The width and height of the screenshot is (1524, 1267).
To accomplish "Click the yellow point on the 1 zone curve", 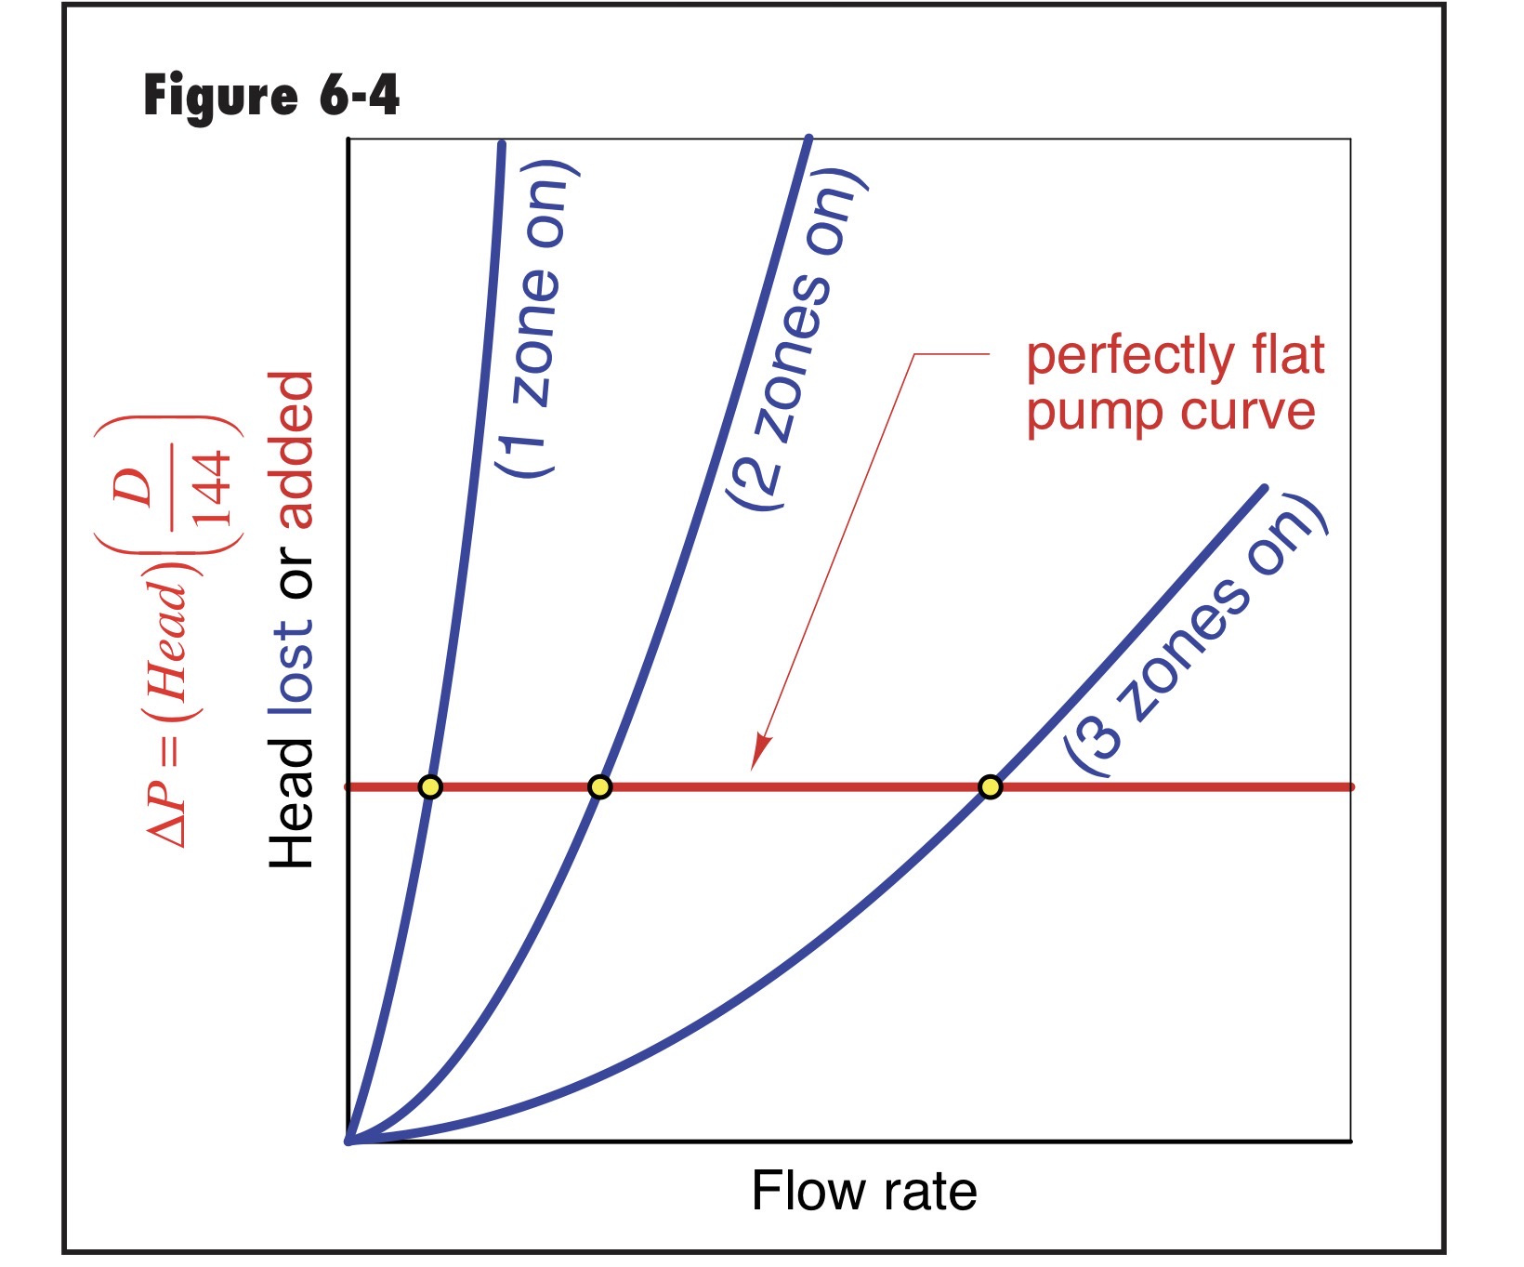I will [429, 787].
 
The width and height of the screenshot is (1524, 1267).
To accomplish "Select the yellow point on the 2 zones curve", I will [600, 787].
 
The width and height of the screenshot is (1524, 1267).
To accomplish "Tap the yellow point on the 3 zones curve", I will [991, 787].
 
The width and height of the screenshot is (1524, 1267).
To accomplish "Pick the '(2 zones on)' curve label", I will [799, 339].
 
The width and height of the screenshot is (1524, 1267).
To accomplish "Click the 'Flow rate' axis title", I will [864, 1192].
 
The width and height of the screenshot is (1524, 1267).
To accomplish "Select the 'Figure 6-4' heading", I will [271, 96].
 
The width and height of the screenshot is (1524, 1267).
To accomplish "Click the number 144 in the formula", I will [213, 488].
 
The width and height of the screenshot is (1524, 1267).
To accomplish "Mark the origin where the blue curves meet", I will [349, 1141].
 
